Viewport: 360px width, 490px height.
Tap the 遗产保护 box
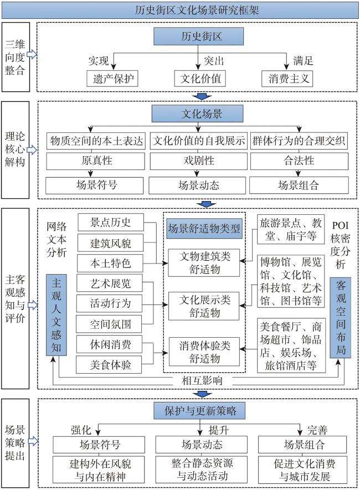(x=111, y=78)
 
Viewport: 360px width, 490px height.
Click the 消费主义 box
(x=287, y=78)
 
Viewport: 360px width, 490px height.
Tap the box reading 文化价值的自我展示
(x=198, y=141)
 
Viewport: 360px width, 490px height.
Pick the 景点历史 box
(x=110, y=223)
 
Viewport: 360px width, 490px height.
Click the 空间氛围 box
(x=110, y=323)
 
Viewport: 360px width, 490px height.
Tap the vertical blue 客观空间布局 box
(x=340, y=318)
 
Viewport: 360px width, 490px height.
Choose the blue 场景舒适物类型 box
(x=204, y=228)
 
